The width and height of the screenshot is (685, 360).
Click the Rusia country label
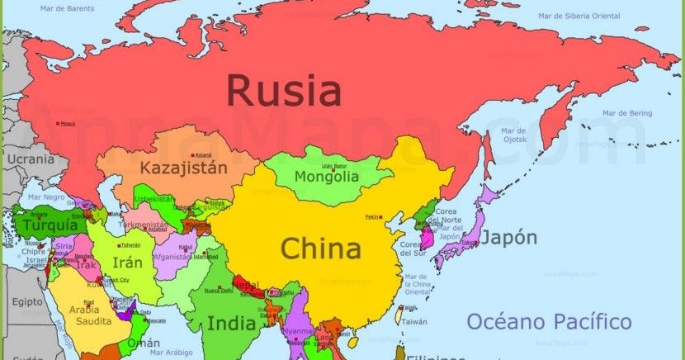click(284, 90)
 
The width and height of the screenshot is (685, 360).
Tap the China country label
click(320, 249)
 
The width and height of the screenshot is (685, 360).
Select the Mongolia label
click(328, 177)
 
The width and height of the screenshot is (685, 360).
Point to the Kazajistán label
click(182, 168)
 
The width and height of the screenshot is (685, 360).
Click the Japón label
click(508, 238)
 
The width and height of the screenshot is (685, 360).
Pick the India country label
click(231, 323)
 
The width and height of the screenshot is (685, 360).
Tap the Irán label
click(127, 263)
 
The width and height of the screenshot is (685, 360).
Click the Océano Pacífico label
click(549, 321)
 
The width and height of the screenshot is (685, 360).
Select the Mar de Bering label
click(626, 112)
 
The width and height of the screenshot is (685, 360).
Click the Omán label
click(144, 343)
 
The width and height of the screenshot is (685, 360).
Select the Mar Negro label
click(46, 197)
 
